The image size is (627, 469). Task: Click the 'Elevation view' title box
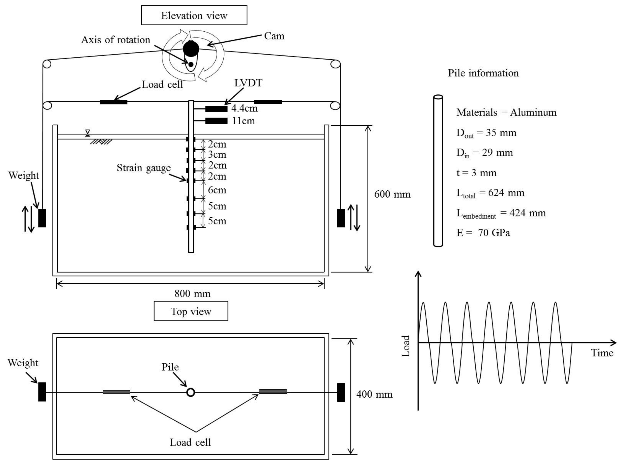(x=194, y=15)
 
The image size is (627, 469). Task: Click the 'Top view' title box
(x=191, y=311)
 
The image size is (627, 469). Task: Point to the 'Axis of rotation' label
(x=115, y=40)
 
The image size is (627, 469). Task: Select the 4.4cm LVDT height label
(x=244, y=108)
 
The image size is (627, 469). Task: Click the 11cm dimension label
(x=243, y=121)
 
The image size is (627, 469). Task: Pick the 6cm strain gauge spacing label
(x=217, y=190)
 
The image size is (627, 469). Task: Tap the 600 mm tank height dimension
(x=392, y=194)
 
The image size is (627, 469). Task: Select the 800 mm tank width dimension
(x=192, y=293)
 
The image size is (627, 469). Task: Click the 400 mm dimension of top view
(x=374, y=394)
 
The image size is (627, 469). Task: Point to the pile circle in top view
(x=191, y=392)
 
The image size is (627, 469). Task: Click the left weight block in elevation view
(x=42, y=218)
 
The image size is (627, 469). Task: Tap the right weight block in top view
(x=341, y=392)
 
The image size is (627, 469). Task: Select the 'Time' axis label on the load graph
(x=602, y=353)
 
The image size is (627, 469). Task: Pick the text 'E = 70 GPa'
(x=483, y=233)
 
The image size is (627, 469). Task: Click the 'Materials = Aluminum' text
(x=506, y=113)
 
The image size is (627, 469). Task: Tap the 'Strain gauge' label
(x=144, y=168)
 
